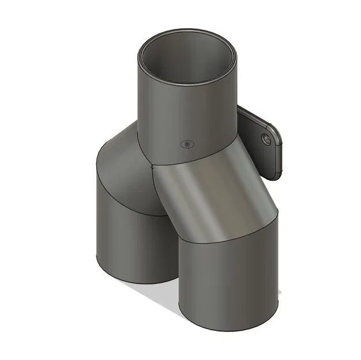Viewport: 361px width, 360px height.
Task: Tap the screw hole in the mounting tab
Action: tap(266, 140)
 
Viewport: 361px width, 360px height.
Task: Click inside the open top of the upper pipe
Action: tap(188, 63)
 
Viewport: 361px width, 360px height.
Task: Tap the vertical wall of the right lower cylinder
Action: tap(231, 276)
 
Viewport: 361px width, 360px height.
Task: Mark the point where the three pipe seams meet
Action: tap(151, 164)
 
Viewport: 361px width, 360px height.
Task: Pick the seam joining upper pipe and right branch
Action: tap(196, 157)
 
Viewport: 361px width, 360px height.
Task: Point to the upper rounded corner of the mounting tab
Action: tap(274, 125)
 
